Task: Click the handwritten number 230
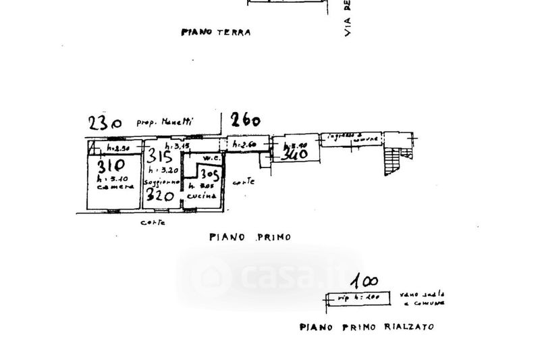tap(105, 123)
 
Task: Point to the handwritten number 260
tap(245, 122)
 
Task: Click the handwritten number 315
tap(160, 155)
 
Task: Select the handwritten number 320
tap(160, 196)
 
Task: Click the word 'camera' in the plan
tap(111, 187)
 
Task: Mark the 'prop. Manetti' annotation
tap(164, 123)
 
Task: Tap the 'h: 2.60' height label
tap(244, 145)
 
